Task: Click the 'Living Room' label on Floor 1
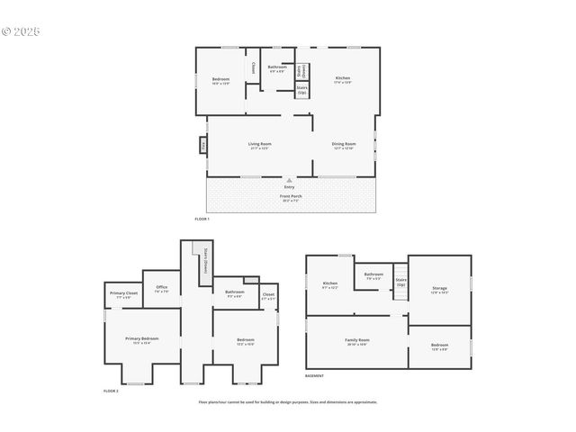coord(260,144)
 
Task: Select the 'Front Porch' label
coord(290,195)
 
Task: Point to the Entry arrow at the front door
coord(289,179)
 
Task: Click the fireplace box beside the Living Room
coord(203,145)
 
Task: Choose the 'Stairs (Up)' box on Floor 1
coord(302,90)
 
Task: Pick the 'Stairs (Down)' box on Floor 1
coord(303,70)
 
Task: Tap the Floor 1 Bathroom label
coord(277,67)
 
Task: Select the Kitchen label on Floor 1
coord(343,78)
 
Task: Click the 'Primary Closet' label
coord(124,293)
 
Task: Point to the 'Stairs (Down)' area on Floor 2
coord(205,259)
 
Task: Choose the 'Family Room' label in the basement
coord(357,340)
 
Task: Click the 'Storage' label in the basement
coord(439,289)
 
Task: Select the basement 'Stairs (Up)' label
coord(401,282)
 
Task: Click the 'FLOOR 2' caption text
coord(111,391)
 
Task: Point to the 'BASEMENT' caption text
coord(314,375)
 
